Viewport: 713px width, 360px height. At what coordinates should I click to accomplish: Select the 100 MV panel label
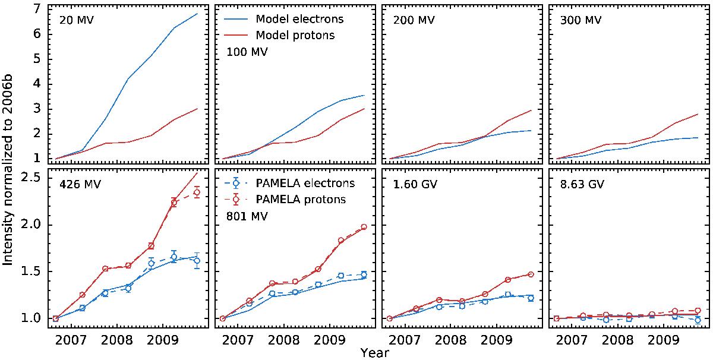(x=247, y=52)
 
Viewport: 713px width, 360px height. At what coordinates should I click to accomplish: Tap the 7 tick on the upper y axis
(x=37, y=9)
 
